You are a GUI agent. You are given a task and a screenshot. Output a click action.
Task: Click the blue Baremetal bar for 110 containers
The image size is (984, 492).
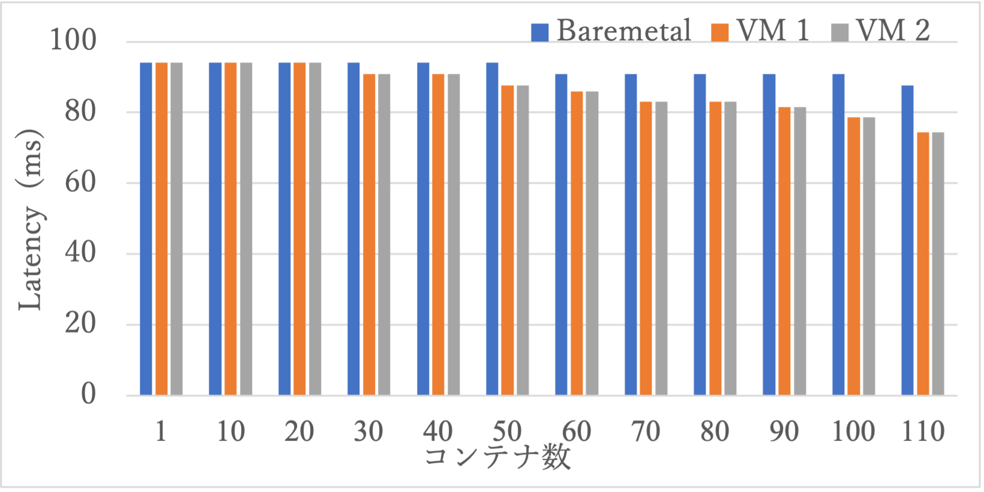tap(907, 240)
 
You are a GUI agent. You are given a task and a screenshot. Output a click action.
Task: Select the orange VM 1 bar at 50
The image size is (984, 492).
tap(508, 240)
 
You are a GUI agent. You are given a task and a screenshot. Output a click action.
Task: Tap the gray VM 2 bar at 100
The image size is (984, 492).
tap(869, 256)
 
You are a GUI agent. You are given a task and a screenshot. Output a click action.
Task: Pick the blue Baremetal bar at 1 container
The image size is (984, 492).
tap(146, 229)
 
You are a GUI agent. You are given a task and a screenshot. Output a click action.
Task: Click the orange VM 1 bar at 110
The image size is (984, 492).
tap(923, 263)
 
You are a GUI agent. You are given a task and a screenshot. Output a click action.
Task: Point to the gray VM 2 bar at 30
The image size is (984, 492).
tap(384, 234)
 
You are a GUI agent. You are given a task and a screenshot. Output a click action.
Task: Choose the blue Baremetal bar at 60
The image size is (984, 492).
tap(561, 234)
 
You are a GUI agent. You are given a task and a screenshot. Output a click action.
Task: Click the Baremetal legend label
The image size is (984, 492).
tap(624, 31)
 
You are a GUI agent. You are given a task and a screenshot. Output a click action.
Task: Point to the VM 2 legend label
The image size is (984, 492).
tap(893, 31)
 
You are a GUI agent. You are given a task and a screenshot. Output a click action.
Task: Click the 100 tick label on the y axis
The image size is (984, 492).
tap(73, 41)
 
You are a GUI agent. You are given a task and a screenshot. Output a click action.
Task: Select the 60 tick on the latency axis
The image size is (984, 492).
tap(80, 182)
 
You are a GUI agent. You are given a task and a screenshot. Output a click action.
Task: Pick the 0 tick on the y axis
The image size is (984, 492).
tap(88, 394)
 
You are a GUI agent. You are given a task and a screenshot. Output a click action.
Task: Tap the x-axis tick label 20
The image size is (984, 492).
tap(299, 431)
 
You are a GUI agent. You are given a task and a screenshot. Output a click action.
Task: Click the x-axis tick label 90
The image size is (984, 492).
tap(784, 431)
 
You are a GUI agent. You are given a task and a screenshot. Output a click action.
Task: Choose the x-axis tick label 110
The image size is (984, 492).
tap(923, 431)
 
